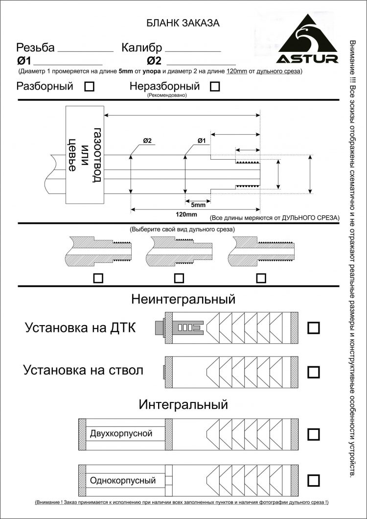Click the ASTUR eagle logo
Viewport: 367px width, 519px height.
point(308,40)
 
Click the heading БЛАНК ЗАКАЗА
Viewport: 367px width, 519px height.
point(183,23)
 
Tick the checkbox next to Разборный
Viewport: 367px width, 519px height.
point(90,87)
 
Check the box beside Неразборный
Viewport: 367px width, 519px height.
point(214,87)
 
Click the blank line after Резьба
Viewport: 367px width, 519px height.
point(85,50)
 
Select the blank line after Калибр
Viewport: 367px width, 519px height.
point(193,50)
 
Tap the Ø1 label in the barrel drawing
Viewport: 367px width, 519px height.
point(202,141)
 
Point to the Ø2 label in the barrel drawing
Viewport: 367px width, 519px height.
point(147,141)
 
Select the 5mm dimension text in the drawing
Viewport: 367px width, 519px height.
point(198,204)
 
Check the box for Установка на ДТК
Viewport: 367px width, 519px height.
point(313,328)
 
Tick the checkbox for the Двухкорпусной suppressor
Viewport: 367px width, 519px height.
point(313,434)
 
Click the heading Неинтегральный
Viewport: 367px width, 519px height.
point(183,299)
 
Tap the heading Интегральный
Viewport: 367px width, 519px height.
point(183,405)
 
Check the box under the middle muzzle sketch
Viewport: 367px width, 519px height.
point(179,278)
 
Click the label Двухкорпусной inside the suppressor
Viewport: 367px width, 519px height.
point(121,433)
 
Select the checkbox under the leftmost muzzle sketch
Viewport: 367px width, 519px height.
point(98,278)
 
